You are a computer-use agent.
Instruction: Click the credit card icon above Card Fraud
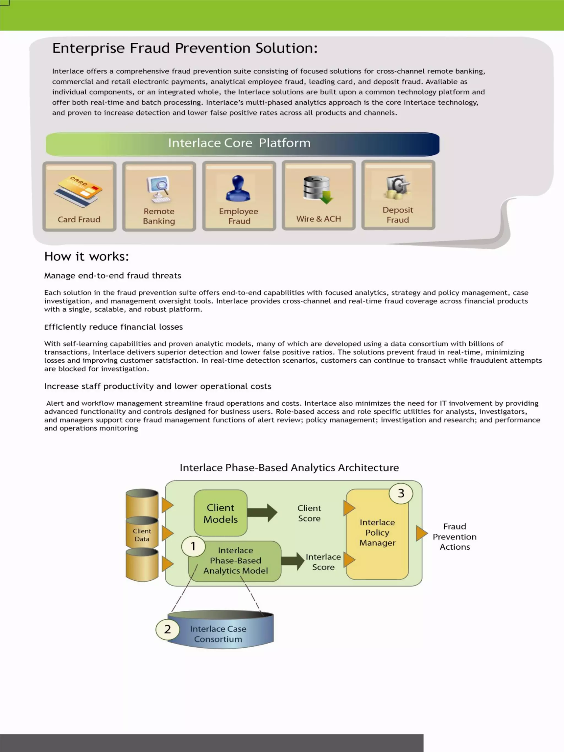click(x=78, y=191)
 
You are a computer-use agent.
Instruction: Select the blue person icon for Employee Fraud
click(x=238, y=188)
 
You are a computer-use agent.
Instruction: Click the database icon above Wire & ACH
click(x=318, y=189)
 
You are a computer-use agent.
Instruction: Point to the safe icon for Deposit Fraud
click(x=397, y=187)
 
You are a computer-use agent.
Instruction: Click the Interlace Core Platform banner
click(x=242, y=143)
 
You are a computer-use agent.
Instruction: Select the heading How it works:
click(x=87, y=257)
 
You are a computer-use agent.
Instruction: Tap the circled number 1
click(x=193, y=546)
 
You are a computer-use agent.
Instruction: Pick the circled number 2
click(x=167, y=629)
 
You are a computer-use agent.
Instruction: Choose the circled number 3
click(x=401, y=493)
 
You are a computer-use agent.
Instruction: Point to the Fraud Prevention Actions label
click(x=454, y=536)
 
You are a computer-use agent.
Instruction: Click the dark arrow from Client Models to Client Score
click(x=262, y=513)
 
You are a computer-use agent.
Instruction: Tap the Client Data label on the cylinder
click(x=142, y=535)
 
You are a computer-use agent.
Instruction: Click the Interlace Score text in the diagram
click(x=323, y=562)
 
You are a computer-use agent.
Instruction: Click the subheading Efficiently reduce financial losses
click(x=113, y=327)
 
